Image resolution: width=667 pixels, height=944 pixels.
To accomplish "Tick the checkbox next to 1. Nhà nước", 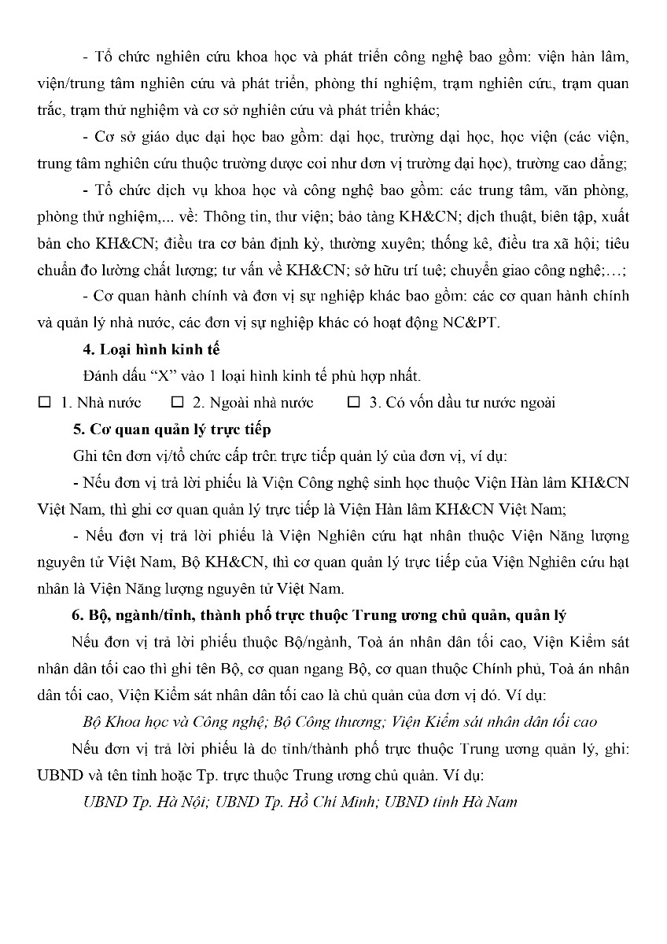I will point(44,403).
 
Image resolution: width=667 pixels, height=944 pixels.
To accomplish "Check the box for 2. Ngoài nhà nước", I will point(177,403).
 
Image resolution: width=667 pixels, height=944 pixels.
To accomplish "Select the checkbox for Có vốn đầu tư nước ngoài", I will point(354,403).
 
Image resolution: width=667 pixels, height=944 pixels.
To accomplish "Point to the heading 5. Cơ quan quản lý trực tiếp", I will point(171,429).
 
